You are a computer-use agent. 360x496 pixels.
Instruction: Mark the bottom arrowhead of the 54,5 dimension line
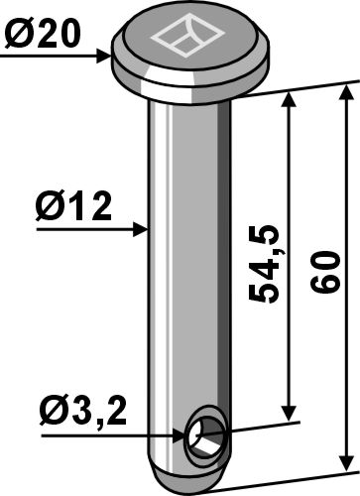tap(290, 415)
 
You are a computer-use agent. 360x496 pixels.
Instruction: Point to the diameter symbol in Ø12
tap(52, 209)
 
